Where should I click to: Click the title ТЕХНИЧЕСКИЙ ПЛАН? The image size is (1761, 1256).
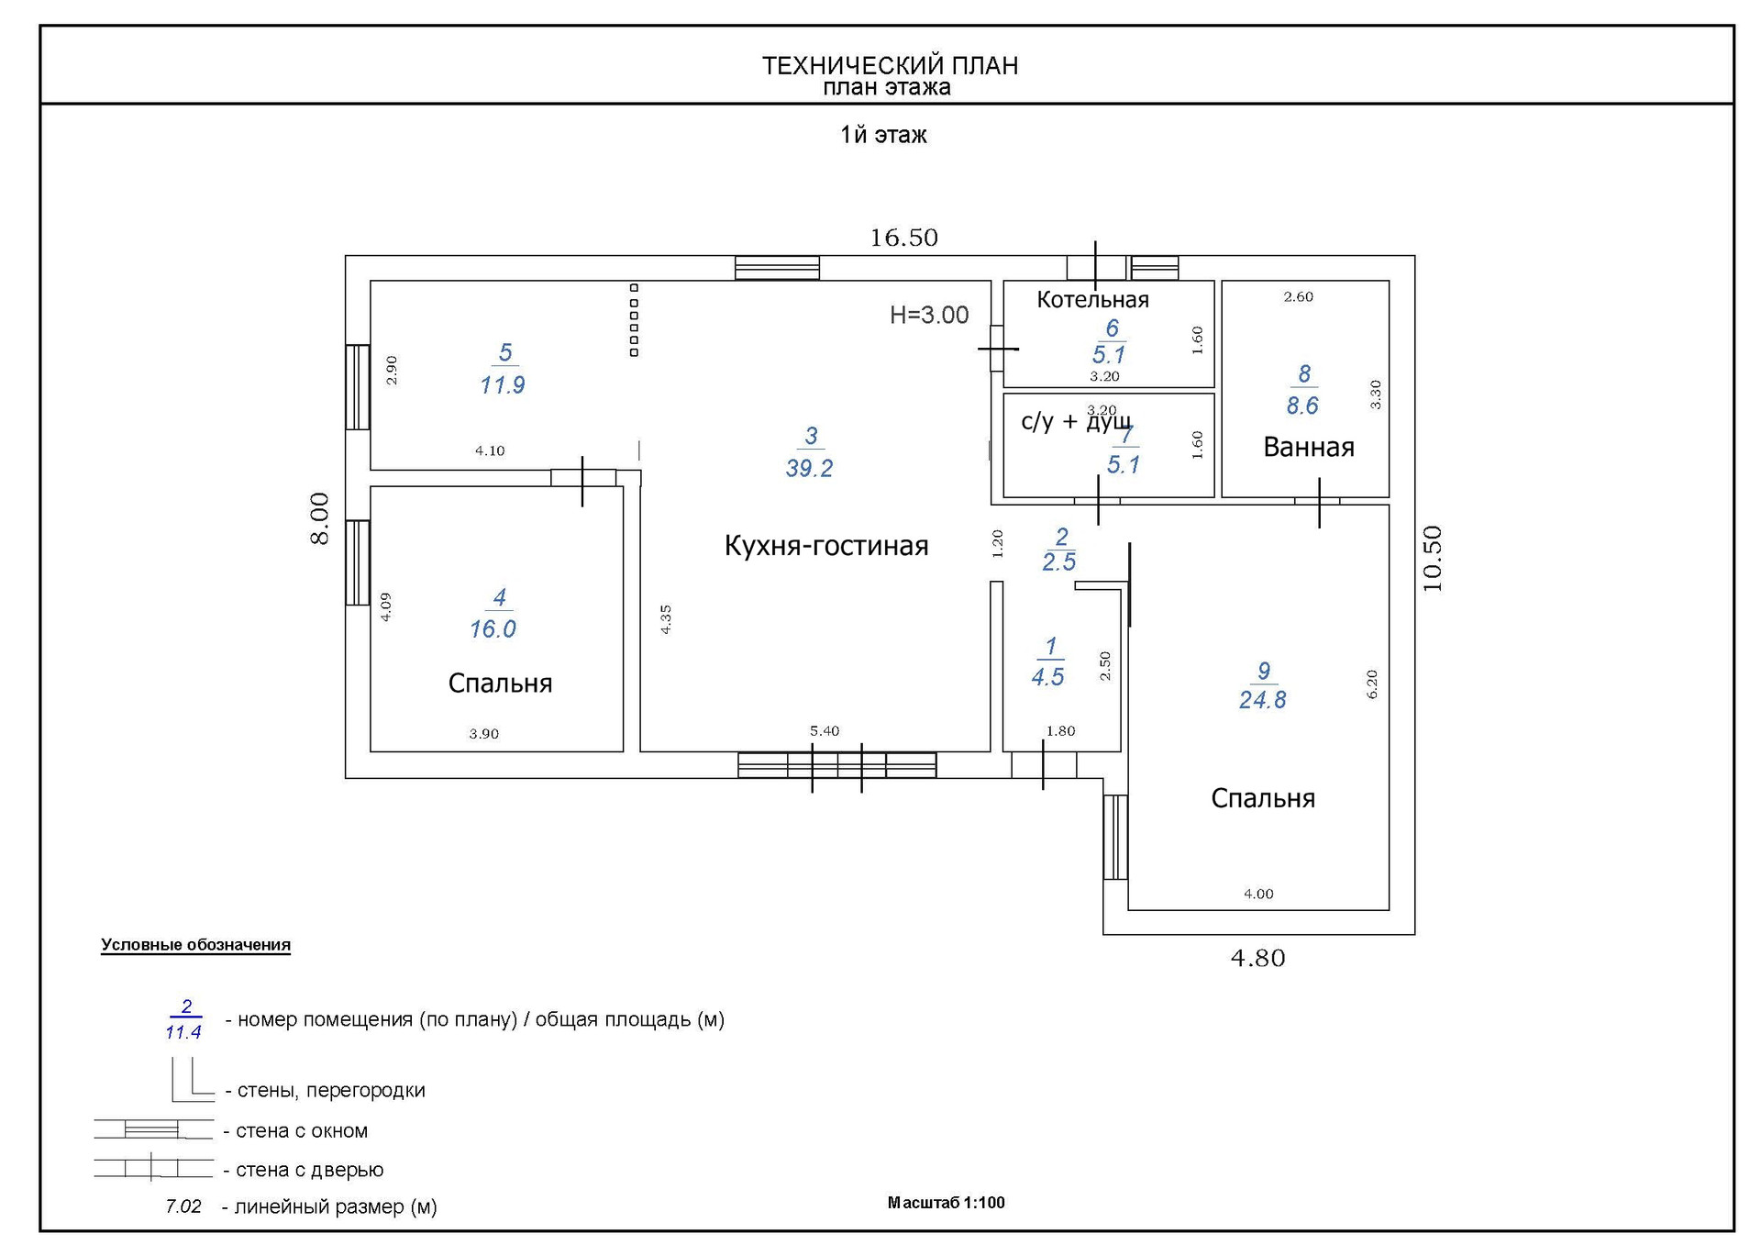click(890, 66)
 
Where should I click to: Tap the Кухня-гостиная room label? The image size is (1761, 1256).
click(826, 546)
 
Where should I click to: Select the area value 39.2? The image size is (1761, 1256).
click(809, 469)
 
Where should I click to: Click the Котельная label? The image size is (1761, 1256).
click(1092, 300)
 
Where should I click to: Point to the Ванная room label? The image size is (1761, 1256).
click(1309, 448)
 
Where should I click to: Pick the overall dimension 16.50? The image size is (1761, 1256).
click(903, 239)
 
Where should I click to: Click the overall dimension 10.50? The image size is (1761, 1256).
click(1432, 558)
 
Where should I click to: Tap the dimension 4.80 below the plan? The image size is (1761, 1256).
click(1257, 959)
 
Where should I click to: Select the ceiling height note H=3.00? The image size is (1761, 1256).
click(929, 316)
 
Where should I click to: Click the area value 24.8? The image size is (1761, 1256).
click(1262, 701)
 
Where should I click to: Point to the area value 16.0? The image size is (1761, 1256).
click(493, 630)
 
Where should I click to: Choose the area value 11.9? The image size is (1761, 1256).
click(503, 385)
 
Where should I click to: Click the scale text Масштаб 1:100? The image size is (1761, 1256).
click(946, 1203)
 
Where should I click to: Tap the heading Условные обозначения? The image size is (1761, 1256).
click(195, 945)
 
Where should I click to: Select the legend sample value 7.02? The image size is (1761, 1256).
click(183, 1206)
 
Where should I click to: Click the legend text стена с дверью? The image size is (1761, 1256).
click(309, 1170)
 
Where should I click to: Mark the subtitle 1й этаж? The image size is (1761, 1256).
click(883, 136)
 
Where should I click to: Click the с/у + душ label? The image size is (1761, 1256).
click(1075, 422)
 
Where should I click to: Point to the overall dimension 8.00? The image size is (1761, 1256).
click(319, 518)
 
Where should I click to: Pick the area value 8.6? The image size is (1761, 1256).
click(1302, 406)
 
